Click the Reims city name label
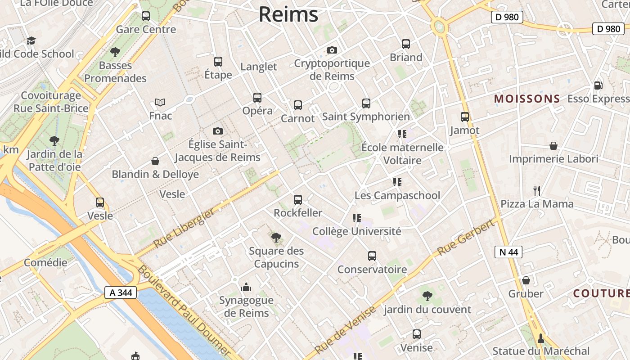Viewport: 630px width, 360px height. click(288, 14)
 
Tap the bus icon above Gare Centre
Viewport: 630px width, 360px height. click(146, 16)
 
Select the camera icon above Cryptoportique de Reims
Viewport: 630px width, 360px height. click(332, 50)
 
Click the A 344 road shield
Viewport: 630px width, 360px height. click(121, 292)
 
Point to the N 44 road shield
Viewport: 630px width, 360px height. click(509, 252)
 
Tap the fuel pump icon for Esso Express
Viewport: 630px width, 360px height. click(598, 85)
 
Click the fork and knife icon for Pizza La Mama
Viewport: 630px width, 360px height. click(536, 191)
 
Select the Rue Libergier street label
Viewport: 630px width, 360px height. click(185, 229)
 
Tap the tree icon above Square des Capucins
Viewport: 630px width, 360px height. click(276, 238)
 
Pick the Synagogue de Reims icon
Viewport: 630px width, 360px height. click(246, 287)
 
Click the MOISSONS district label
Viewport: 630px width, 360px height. click(527, 99)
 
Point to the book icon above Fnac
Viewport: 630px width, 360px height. click(160, 103)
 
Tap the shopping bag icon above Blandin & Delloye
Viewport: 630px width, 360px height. click(155, 161)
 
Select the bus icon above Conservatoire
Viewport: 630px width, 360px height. click(372, 256)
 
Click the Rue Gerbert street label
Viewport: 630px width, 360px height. click(466, 238)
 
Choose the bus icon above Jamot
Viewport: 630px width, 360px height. click(465, 117)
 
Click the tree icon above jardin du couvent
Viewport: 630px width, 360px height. click(427, 296)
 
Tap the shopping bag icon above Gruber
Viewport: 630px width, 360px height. click(526, 281)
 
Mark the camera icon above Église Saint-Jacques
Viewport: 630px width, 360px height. click(218, 131)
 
